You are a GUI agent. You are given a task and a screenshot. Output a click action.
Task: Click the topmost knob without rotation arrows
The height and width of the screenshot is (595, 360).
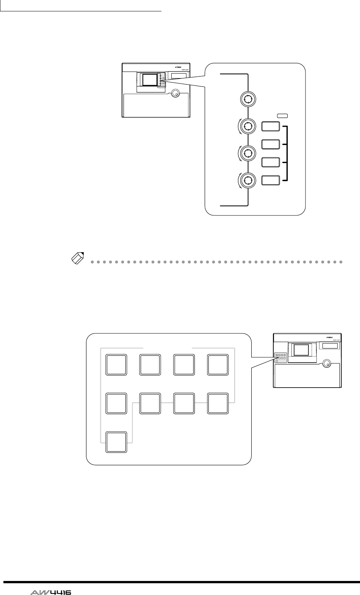pyautogui.click(x=247, y=99)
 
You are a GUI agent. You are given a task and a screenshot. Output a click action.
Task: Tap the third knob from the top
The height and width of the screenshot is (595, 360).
pyautogui.click(x=247, y=153)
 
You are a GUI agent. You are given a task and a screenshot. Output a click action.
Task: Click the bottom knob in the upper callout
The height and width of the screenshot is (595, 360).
pyautogui.click(x=247, y=179)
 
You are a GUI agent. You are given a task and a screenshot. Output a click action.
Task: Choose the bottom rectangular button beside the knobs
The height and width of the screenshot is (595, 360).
pyautogui.click(x=271, y=180)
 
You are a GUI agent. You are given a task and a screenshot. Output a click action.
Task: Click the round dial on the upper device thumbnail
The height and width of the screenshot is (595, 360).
pyautogui.click(x=175, y=93)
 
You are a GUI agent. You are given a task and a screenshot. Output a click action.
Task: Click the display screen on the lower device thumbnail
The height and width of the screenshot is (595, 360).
pyautogui.click(x=301, y=350)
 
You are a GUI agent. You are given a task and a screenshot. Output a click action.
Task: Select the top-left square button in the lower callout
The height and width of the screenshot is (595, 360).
pyautogui.click(x=117, y=364)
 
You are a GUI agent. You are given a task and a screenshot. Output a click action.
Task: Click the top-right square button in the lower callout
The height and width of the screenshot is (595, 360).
pyautogui.click(x=218, y=364)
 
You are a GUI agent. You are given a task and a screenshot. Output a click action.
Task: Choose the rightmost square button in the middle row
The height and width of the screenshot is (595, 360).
pyautogui.click(x=218, y=403)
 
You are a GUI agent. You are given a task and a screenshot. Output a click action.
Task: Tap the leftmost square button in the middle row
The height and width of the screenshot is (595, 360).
pyautogui.click(x=117, y=403)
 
